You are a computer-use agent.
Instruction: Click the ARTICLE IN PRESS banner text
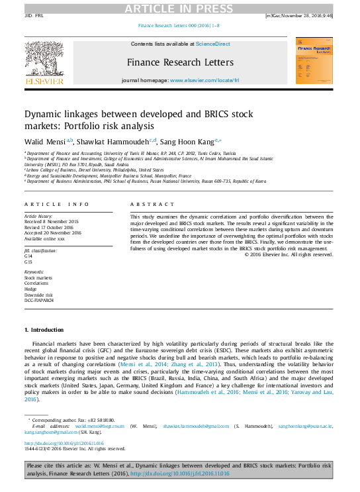(179, 8)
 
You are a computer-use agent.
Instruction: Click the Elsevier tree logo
(44, 60)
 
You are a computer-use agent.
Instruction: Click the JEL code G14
(28, 256)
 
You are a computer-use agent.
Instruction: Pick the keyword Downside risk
(38, 290)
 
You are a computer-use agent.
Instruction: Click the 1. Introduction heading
(44, 330)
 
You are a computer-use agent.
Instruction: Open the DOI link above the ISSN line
(64, 443)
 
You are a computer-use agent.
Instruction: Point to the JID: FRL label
(34, 15)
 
